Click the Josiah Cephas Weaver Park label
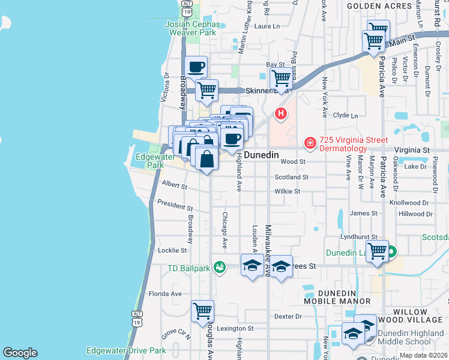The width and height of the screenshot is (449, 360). tap(191, 27)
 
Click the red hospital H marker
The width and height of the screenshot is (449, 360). tap(280, 113)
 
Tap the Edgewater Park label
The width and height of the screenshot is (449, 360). tap(149, 161)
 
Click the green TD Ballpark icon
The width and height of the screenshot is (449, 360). tap(220, 266)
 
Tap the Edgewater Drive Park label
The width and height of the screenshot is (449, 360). tap(126, 350)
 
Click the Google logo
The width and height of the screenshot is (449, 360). tap(20, 353)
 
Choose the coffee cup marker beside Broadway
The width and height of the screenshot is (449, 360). tap(197, 67)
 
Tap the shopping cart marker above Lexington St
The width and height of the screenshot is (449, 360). tap(203, 311)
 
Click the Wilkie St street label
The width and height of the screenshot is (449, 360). tap(287, 191)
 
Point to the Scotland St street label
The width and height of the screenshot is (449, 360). tap(291, 178)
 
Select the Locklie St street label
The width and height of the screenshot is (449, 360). tap(172, 250)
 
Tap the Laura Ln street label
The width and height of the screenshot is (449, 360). tap(267, 26)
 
